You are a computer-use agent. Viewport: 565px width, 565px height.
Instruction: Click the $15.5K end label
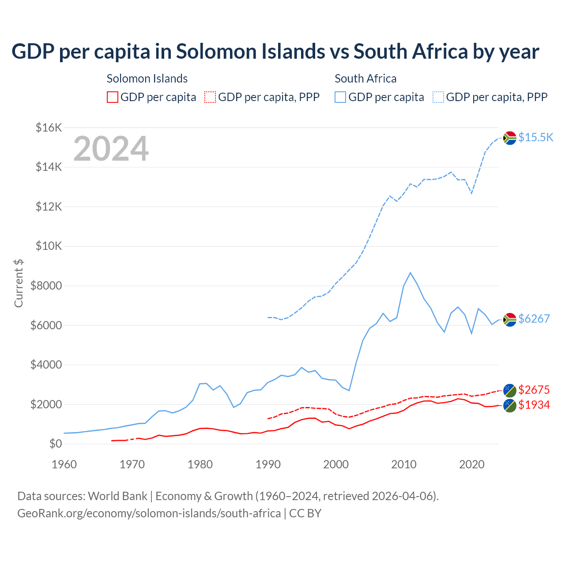535,137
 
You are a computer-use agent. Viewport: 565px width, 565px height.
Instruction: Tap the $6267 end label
534,319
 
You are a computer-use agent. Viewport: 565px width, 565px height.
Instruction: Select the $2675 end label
534,390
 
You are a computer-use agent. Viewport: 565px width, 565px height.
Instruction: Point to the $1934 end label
534,405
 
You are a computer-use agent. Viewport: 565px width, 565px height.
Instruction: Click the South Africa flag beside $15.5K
510,138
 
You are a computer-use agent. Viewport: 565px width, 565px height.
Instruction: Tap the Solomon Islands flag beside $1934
510,405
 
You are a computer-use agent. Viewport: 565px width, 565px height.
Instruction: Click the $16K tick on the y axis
49,128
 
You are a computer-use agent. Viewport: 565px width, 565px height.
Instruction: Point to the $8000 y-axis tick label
46,286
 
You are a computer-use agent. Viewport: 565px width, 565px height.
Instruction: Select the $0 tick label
55,444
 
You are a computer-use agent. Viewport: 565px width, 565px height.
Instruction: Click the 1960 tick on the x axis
64,464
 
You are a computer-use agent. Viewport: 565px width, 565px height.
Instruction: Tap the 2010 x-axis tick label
404,464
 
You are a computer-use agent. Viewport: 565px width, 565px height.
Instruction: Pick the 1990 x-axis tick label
268,464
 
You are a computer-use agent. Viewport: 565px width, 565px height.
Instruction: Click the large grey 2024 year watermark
111,149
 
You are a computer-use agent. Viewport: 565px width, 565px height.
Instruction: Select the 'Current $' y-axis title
19,283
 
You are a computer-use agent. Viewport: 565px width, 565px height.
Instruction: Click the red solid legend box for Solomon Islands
113,97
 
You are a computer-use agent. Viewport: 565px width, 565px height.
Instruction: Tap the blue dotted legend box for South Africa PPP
438,97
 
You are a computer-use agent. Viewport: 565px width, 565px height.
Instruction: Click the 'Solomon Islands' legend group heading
147,79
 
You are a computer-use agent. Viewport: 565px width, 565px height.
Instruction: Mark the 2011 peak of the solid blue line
410,273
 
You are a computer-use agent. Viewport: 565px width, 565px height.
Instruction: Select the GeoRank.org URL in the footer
149,513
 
